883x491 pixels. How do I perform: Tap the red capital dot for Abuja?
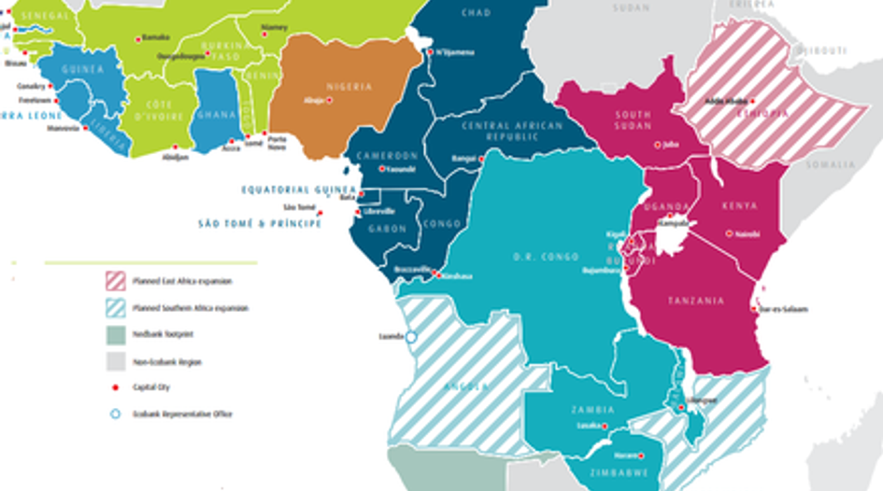click(x=329, y=100)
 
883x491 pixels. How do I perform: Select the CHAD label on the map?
click(x=477, y=13)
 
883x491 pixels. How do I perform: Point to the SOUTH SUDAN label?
click(x=633, y=121)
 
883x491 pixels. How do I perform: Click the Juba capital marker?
click(x=657, y=145)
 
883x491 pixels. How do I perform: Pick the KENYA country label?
click(x=740, y=205)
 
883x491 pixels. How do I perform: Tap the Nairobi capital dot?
click(x=730, y=233)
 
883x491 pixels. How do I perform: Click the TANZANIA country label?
click(x=696, y=301)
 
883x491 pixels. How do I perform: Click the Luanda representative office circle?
click(x=410, y=337)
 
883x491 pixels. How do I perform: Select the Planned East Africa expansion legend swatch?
click(x=115, y=281)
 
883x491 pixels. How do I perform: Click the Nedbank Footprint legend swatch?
click(x=115, y=333)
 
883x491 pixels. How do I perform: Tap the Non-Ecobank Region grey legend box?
click(x=115, y=361)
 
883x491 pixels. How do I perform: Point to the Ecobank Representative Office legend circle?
click(x=115, y=414)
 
